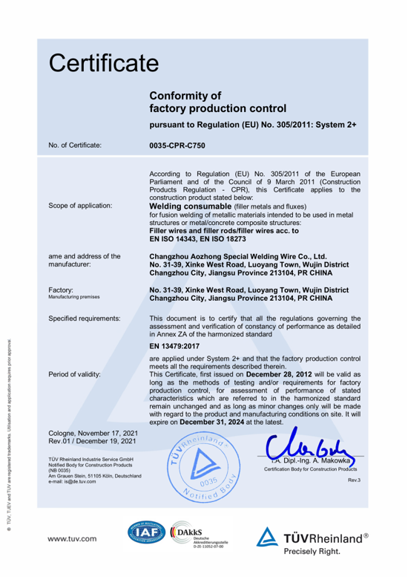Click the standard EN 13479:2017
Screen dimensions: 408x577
point(176,345)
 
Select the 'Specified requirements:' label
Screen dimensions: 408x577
point(84,319)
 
